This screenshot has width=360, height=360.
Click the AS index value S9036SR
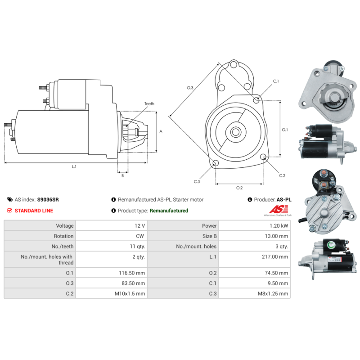pos(48,199)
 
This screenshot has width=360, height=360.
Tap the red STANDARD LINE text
pos(34,211)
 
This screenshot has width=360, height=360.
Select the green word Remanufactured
pos(169,211)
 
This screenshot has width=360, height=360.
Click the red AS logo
pos(279,209)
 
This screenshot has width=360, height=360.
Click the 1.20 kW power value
pos(279,226)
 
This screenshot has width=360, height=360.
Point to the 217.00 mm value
pos(275,256)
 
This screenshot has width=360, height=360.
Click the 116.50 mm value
pos(132,273)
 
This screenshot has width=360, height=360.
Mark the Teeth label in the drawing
pos(149,104)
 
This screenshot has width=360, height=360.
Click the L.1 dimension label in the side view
pos(74,166)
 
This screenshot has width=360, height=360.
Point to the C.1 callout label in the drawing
pos(276,81)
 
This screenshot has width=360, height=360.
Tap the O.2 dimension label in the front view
pos(239,188)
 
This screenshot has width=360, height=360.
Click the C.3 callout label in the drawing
pos(197,182)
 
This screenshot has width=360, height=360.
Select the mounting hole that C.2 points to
pos(264,157)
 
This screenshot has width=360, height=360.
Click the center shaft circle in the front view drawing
pos(235,132)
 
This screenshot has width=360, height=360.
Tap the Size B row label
pos(209,236)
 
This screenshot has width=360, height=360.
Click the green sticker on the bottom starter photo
pos(331,245)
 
